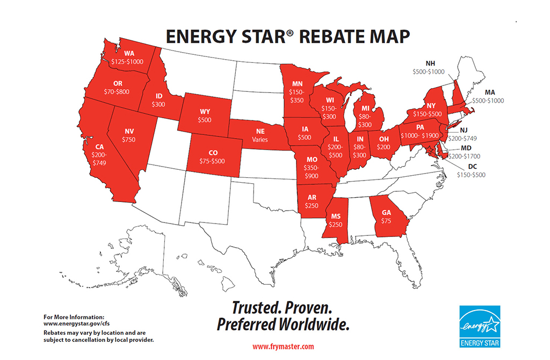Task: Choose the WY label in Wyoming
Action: point(205,112)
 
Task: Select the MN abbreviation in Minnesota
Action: point(297,84)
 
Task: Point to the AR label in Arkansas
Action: point(312,197)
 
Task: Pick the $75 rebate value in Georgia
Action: point(387,220)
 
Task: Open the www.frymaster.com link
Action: point(283,347)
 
